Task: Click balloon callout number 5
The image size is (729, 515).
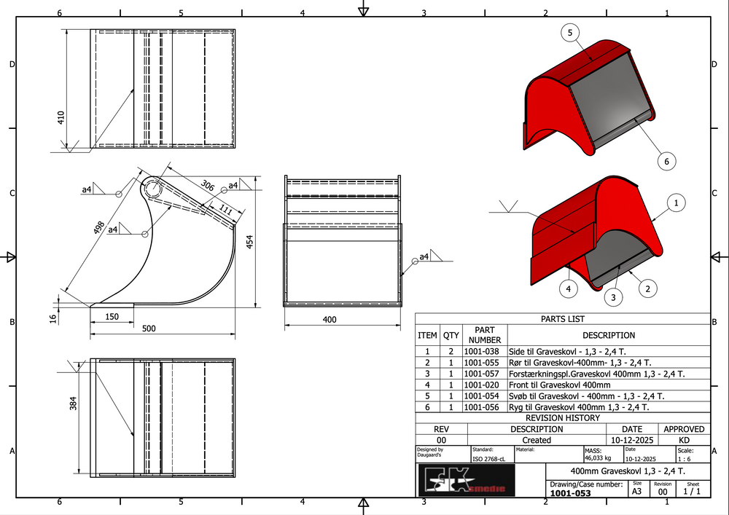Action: coord(569,32)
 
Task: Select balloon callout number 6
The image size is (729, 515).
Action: coord(666,160)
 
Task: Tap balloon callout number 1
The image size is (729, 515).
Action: coord(677,203)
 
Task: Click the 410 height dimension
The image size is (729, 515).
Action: coord(61,117)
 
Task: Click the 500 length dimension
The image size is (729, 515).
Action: coord(149,329)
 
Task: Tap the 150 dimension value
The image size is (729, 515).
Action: coord(112,317)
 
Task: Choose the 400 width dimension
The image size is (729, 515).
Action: coord(330,320)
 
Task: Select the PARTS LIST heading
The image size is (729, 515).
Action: coord(562,319)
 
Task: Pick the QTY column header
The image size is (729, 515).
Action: coord(451,336)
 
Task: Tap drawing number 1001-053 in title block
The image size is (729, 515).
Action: coord(570,493)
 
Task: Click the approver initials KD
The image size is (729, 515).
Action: coord(684,440)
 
